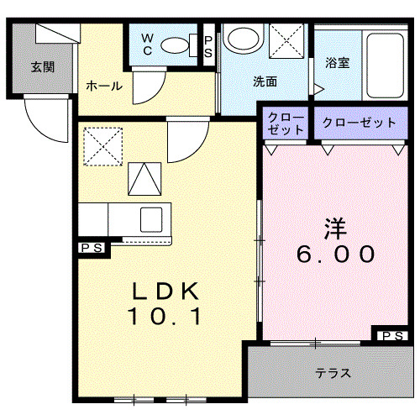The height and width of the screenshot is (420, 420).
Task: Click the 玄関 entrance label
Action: [44, 66]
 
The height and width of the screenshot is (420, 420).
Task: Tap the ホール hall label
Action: [103, 87]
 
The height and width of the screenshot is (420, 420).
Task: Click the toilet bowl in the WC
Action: [175, 44]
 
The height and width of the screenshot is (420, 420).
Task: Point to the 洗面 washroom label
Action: [265, 81]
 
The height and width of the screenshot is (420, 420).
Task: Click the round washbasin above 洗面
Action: [244, 39]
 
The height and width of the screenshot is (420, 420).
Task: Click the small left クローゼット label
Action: [286, 123]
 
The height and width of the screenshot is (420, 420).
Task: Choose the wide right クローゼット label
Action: [359, 123]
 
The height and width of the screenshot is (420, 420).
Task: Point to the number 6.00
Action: [335, 252]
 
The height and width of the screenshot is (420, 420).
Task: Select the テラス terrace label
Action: [333, 373]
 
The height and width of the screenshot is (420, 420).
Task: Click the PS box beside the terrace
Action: [391, 336]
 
